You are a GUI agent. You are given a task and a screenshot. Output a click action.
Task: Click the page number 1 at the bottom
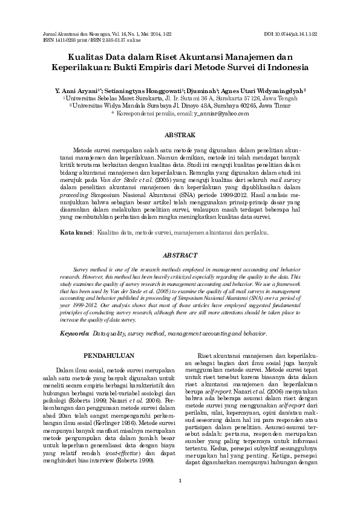coord(180,481)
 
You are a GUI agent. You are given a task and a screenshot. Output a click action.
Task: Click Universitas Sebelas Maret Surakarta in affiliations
coord(103,97)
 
